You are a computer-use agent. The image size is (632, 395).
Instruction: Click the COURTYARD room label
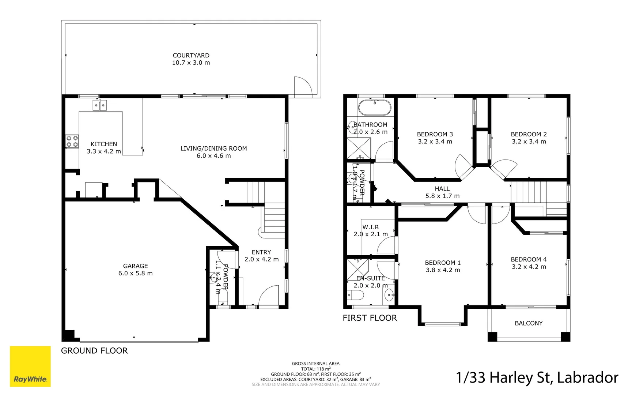coord(191,55)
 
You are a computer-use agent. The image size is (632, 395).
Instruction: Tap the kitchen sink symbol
coord(99,106)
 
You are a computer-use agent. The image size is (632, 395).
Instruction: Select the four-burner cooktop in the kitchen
coord(72,141)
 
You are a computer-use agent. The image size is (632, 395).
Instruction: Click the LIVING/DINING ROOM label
coord(213,148)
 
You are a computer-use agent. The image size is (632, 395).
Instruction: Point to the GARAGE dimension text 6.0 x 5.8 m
coord(135,273)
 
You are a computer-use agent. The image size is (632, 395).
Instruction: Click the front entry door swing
coord(269,296)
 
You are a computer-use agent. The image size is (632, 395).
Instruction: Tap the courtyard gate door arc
coord(303,86)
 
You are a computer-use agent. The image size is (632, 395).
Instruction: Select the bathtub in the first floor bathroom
coord(375,108)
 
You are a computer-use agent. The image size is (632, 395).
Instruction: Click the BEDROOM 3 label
coord(435,134)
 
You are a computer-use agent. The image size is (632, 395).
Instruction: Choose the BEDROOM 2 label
coord(529,134)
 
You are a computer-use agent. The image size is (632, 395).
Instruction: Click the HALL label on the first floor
coord(442,189)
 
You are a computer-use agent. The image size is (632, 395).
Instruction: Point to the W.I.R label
coord(370,227)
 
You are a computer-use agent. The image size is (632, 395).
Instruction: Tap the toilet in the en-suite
coord(355,295)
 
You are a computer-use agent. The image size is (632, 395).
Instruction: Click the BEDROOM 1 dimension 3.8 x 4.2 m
coord(443,270)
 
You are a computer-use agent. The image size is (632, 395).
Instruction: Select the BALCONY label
coord(528,323)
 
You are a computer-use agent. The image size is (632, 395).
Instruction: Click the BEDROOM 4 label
coord(529,259)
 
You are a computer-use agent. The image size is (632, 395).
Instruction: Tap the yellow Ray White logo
coord(30,366)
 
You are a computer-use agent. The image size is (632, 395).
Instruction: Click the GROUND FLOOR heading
coord(94,351)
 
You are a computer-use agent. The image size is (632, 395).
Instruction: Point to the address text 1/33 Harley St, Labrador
coord(537,377)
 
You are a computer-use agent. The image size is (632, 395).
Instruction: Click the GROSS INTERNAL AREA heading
coord(315,364)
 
